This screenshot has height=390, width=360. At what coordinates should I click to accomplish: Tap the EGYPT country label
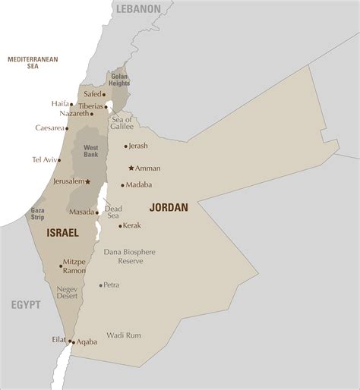[x=25, y=305]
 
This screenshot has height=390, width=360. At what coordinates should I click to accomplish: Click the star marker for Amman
[x=131, y=168]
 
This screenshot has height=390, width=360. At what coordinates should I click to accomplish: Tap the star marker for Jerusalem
[x=88, y=181]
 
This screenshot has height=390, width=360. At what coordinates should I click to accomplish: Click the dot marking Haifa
[x=74, y=103]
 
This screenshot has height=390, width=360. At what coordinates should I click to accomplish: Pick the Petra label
[x=111, y=285]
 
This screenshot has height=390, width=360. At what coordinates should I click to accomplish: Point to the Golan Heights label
[x=120, y=80]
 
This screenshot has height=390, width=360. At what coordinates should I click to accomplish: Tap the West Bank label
[x=90, y=150]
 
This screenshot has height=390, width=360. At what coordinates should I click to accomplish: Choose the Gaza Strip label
[x=38, y=212]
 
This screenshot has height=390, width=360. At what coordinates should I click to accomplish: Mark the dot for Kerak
[x=120, y=226]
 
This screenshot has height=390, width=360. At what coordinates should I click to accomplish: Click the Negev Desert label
[x=68, y=294]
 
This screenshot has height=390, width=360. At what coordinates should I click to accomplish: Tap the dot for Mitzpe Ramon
[x=61, y=266]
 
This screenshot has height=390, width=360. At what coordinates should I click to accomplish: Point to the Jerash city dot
[x=126, y=146]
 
